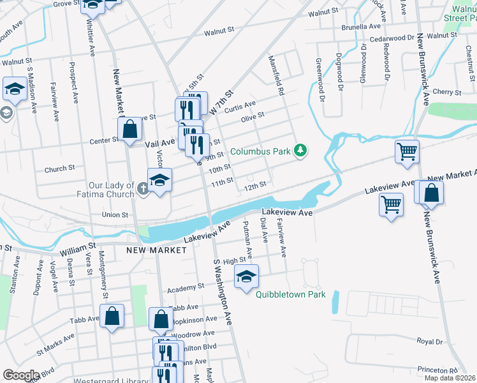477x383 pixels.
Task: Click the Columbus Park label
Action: pos(260,152)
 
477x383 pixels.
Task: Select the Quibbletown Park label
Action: pos(291,294)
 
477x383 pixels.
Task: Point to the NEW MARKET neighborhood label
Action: pos(158,250)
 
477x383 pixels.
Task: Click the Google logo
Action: pos(21,375)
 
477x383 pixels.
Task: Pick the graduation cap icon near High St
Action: pos(246,276)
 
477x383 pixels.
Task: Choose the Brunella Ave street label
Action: pos(360,27)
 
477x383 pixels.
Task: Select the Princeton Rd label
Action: pos(437,370)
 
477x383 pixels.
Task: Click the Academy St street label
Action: pos(185,289)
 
